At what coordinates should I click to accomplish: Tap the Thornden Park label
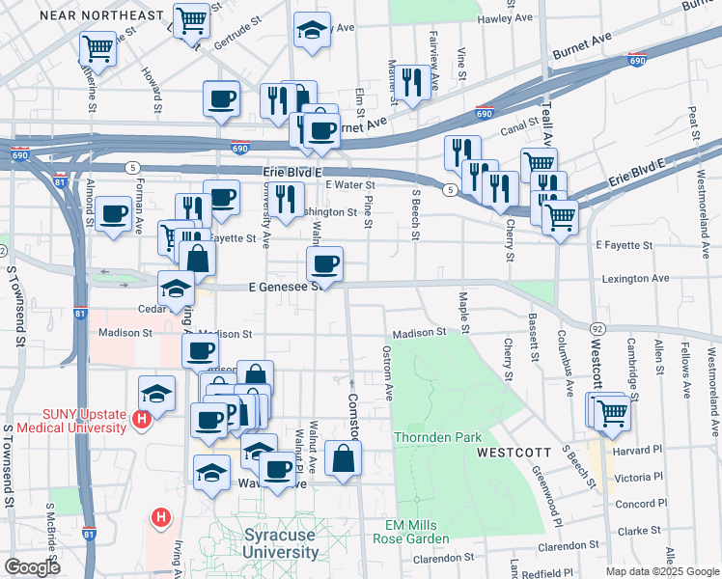point(437,437)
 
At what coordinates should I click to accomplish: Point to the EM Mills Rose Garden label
point(412,531)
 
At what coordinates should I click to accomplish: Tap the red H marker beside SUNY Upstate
point(142,420)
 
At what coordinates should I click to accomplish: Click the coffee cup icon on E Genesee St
point(324,263)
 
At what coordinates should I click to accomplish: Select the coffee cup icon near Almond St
point(114,214)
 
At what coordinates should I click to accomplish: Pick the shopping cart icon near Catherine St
point(97,47)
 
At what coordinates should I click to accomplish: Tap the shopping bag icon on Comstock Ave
point(343,458)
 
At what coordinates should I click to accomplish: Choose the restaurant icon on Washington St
point(285,199)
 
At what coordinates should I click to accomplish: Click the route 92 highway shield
point(598,330)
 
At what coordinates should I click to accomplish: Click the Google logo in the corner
point(33,567)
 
